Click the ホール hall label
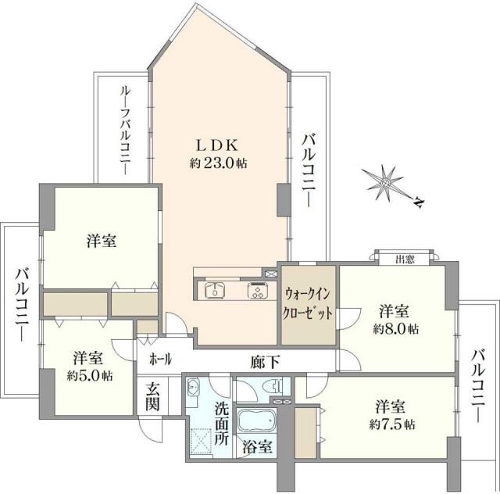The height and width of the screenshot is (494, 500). (161, 359)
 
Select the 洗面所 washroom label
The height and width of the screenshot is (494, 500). (221, 421)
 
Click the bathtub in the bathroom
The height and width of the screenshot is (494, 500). (254, 421)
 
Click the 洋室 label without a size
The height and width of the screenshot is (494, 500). (102, 242)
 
